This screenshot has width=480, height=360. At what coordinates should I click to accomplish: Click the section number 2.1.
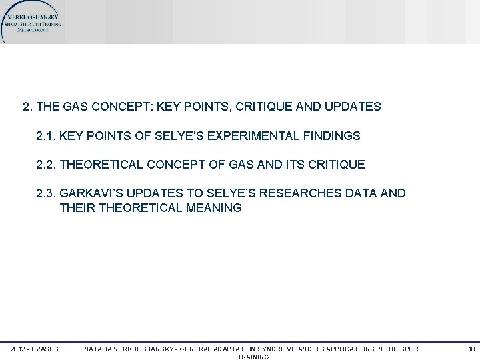coord(46,136)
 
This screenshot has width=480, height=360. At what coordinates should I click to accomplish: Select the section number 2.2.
coord(46,164)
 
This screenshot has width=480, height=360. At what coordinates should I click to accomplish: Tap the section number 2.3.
coord(46,193)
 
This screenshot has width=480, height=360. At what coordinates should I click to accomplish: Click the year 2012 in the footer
coord(18,349)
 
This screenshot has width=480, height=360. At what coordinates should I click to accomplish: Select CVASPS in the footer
coord(46,349)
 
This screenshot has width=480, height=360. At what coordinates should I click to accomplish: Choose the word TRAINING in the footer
coord(253,357)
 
